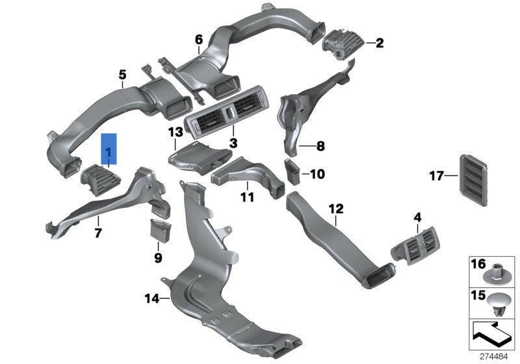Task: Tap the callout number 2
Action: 380,44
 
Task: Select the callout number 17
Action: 435,175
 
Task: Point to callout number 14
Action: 151,299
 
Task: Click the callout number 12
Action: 335,209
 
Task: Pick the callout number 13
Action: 175,133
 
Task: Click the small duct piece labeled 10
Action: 293,172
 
